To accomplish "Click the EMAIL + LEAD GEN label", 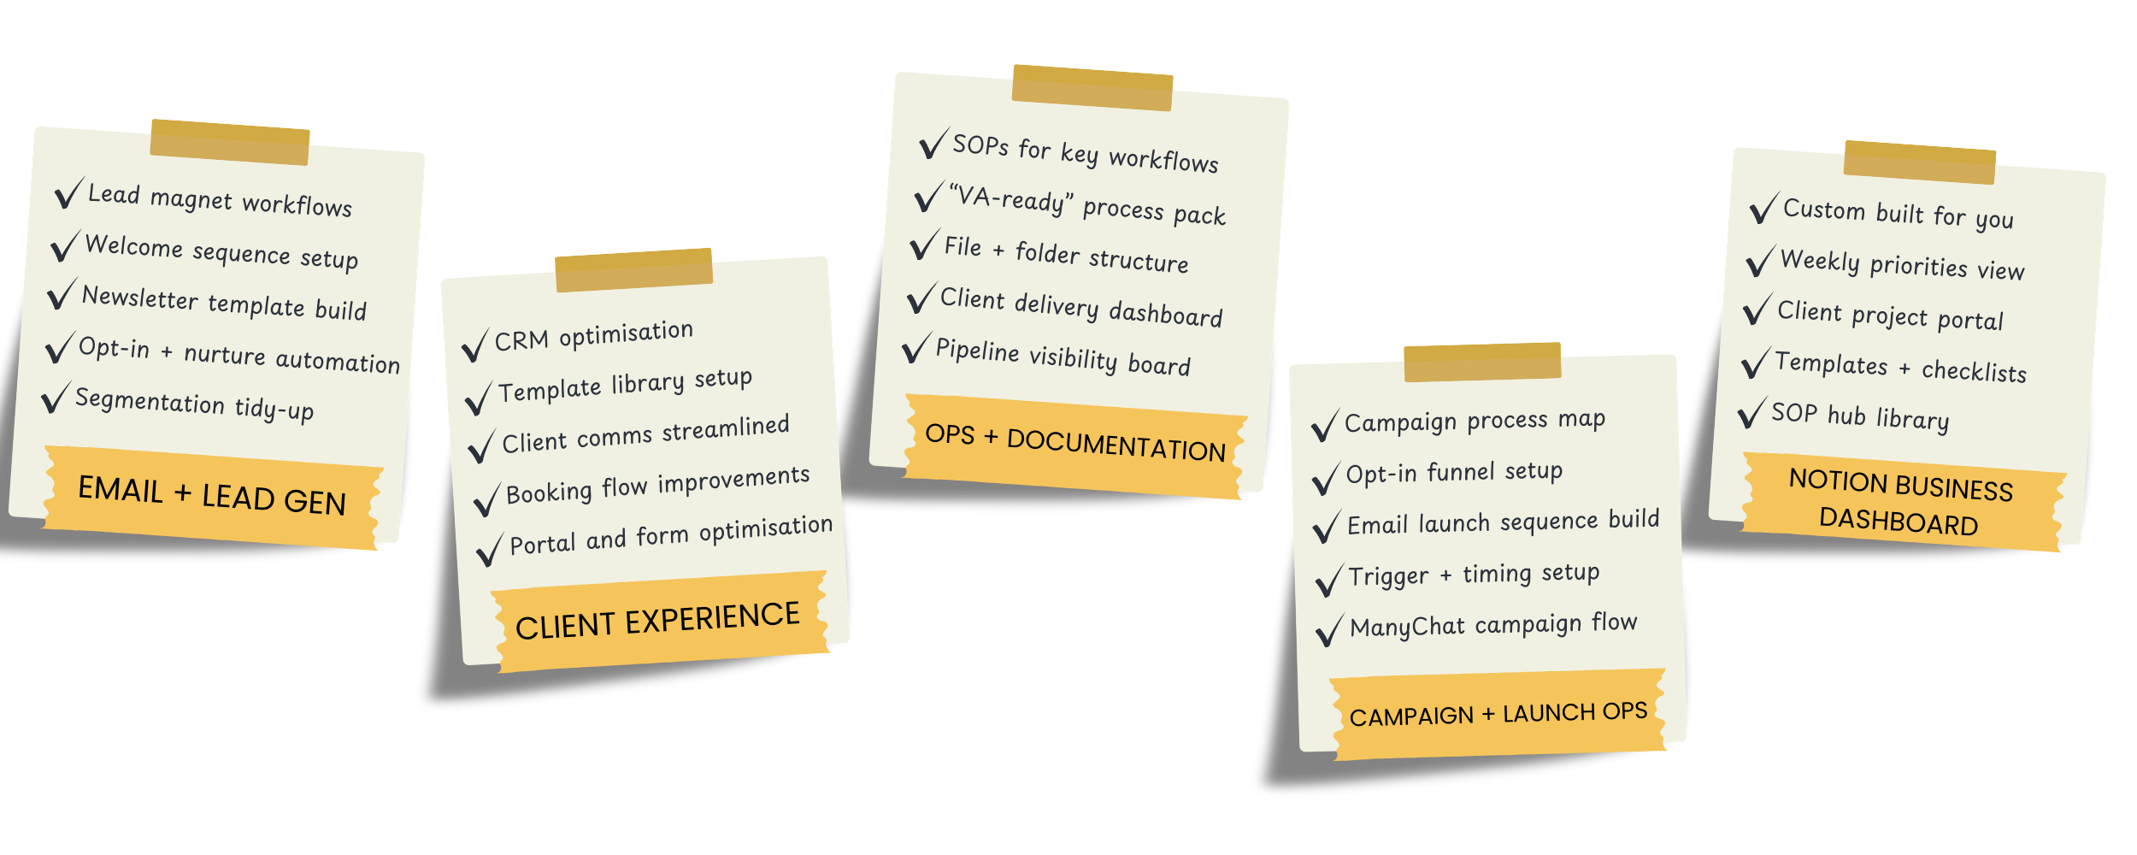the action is (212, 495).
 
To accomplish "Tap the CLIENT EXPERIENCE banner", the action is (657, 620).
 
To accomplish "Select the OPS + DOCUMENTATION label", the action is (1075, 443).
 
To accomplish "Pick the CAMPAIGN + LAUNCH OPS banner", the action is (1498, 714).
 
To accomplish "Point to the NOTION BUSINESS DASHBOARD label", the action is (1900, 503).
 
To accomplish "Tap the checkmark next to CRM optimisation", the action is (474, 345).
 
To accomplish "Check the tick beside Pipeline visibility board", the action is (915, 349).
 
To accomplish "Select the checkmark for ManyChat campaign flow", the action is (1329, 631).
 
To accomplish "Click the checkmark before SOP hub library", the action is (1751, 414).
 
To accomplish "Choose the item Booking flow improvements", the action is (657, 485).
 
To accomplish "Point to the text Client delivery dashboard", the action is (1080, 307).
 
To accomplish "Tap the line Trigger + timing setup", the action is (1473, 575).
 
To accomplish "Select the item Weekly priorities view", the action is (1902, 264).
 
